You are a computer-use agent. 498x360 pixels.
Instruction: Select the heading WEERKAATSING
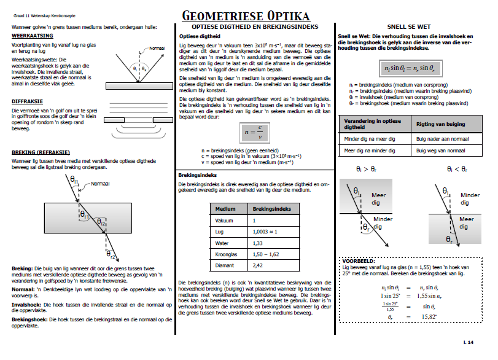(x=30, y=36)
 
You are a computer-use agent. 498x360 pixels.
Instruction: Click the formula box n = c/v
(x=254, y=131)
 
